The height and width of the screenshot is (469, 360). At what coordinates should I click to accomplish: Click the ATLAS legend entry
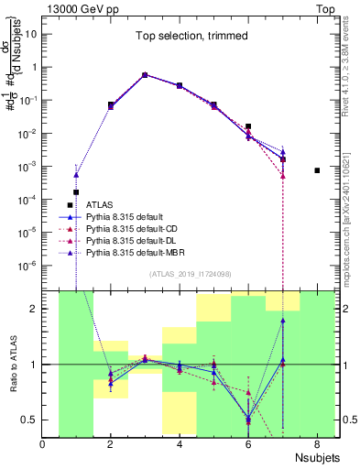click(100, 204)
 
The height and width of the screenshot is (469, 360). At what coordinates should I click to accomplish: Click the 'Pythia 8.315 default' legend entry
click(129, 216)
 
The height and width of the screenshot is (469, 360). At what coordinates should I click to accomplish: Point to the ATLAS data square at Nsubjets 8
click(317, 170)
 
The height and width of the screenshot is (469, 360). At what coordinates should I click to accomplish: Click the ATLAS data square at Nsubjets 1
click(76, 192)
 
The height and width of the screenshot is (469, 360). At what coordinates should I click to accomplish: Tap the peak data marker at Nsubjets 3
click(145, 75)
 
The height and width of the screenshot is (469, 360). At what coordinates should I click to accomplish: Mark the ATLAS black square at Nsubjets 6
click(248, 126)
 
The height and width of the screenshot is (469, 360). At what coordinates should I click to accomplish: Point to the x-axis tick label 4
click(180, 446)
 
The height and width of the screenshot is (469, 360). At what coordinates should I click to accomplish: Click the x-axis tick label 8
click(317, 446)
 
